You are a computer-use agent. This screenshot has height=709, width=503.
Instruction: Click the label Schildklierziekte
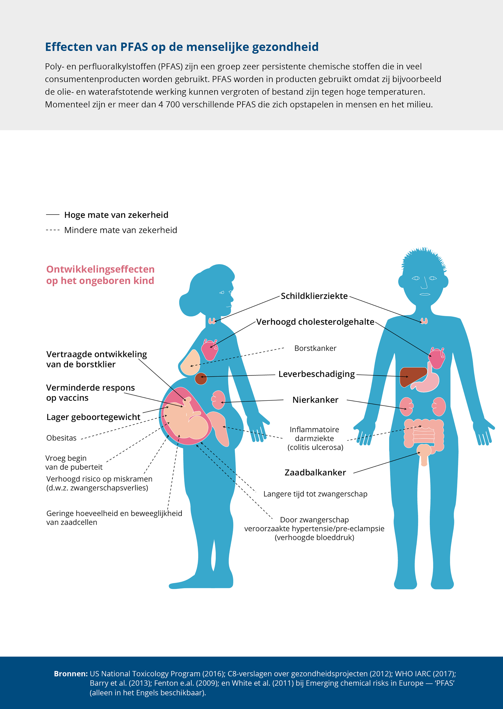click(x=314, y=296)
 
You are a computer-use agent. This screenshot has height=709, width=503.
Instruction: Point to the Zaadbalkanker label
click(x=315, y=473)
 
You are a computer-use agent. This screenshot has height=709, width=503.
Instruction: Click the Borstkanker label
click(x=315, y=348)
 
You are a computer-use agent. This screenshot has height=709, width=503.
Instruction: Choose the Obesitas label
click(x=61, y=438)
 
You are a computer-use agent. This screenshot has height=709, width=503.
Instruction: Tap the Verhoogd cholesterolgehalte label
click(x=315, y=322)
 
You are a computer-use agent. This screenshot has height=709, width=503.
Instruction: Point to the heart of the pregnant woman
click(x=210, y=350)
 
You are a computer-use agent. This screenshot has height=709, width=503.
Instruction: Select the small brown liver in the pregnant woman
click(x=201, y=379)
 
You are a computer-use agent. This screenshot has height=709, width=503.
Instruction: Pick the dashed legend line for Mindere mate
click(x=53, y=230)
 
